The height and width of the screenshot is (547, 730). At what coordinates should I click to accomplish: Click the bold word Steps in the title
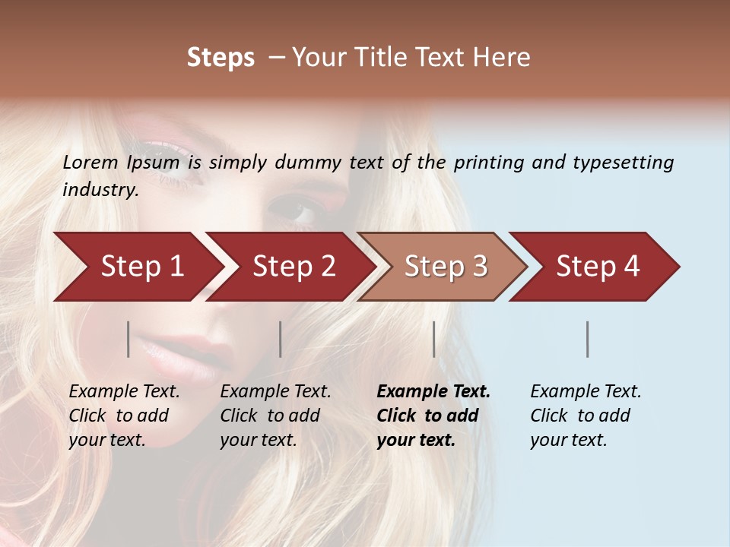coord(221,58)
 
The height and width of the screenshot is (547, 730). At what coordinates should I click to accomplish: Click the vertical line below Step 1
coord(129,339)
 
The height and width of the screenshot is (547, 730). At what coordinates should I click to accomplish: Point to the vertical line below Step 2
coord(281,339)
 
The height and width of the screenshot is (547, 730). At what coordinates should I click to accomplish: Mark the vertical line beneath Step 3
coord(434,339)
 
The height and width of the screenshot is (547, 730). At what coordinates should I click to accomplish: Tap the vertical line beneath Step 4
coord(588,339)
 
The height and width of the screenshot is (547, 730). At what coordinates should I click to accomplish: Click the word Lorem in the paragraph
coord(90,162)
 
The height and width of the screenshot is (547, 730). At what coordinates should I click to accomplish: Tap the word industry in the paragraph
coord(100,190)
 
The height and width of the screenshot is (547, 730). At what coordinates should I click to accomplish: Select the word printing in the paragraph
coord(487,163)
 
